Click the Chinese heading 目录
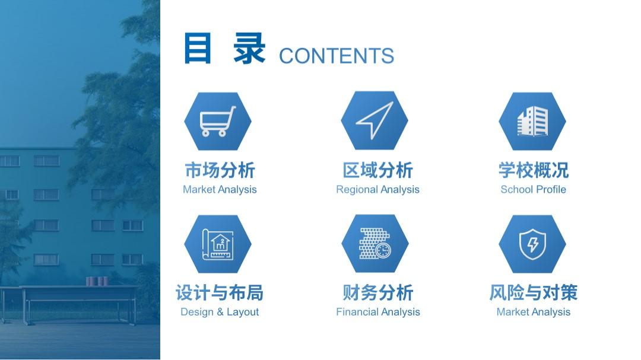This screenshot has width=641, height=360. pyautogui.click(x=224, y=49)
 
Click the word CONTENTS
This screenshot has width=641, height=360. pyautogui.click(x=336, y=56)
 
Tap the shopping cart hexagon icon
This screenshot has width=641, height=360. pyautogui.click(x=218, y=121)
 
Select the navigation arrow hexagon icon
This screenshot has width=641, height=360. pyautogui.click(x=375, y=120)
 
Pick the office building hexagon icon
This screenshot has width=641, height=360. pyautogui.click(x=532, y=121)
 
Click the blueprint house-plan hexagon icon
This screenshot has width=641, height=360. pyautogui.click(x=218, y=244)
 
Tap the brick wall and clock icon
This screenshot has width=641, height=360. pyautogui.click(x=375, y=244)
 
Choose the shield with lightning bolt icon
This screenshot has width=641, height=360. pyautogui.click(x=532, y=244)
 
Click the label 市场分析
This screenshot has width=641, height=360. pyautogui.click(x=220, y=170)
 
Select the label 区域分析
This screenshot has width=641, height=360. pyautogui.click(x=377, y=170)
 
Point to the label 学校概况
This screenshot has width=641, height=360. pyautogui.click(x=533, y=170)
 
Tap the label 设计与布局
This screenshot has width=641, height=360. pyautogui.click(x=220, y=292)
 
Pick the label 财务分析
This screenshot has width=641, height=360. pyautogui.click(x=377, y=292)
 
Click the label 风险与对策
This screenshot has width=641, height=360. pyautogui.click(x=533, y=292)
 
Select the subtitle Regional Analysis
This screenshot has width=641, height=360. pyautogui.click(x=377, y=190)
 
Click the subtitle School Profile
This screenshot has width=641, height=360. pyautogui.click(x=533, y=190)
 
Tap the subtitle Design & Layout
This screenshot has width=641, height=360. pyautogui.click(x=220, y=312)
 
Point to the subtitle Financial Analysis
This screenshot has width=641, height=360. pyautogui.click(x=377, y=312)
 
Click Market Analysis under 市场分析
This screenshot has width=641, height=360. pyautogui.click(x=220, y=190)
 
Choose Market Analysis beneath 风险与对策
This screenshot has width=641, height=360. pyautogui.click(x=533, y=312)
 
